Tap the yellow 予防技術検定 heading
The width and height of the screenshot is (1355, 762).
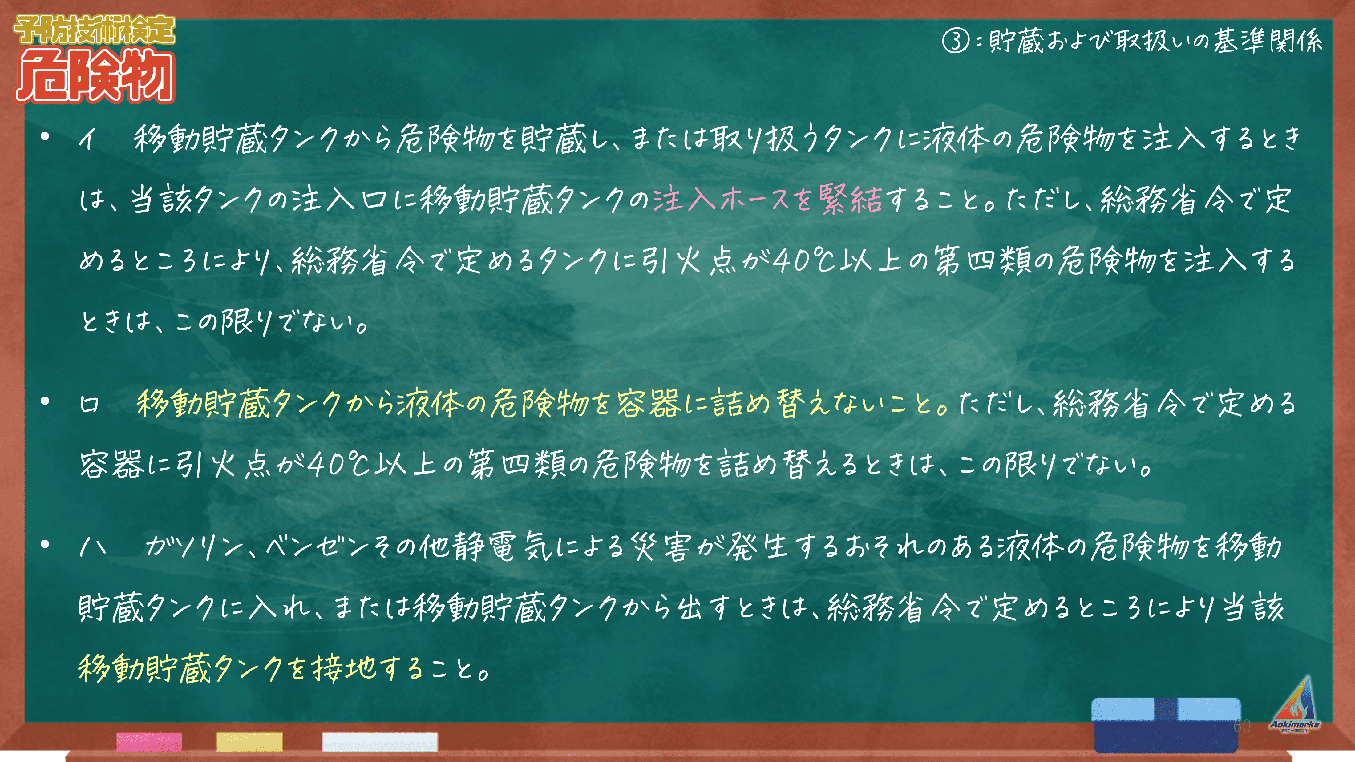(95, 30)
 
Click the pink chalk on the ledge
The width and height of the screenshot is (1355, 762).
(149, 741)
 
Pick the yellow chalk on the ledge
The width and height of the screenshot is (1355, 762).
(249, 741)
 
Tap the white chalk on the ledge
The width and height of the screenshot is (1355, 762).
(380, 741)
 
